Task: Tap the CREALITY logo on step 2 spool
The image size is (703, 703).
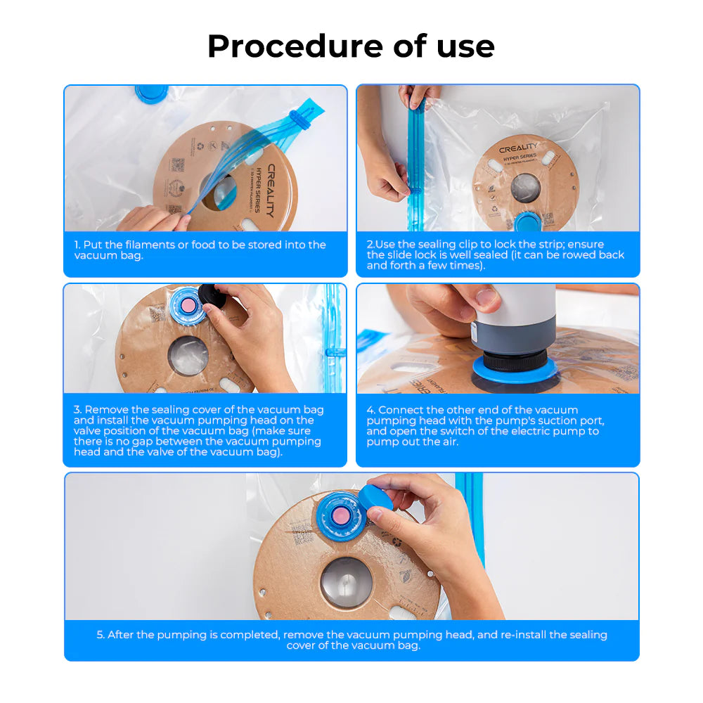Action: pos(518,148)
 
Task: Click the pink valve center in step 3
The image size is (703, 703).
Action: pos(189,304)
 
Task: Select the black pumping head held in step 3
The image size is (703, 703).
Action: pos(212,296)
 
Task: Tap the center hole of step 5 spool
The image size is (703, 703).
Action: pos(347,583)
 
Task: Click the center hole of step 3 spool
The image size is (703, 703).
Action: pos(188,355)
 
